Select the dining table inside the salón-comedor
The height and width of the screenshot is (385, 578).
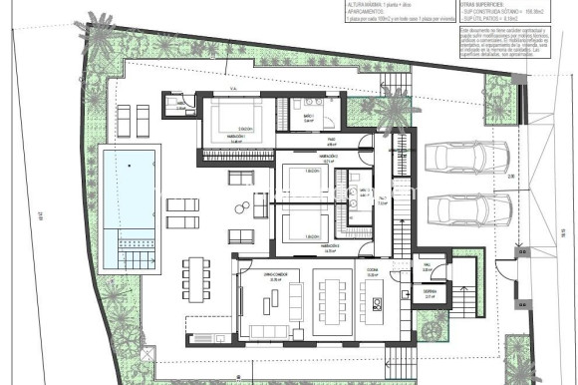tap(331, 295)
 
